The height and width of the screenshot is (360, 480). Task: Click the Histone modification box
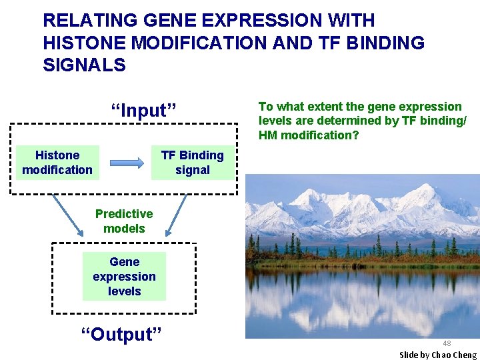57,163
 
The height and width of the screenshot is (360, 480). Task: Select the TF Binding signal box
193,163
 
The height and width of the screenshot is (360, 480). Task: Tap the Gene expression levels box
124,277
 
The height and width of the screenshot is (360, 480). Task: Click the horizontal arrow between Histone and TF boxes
127,163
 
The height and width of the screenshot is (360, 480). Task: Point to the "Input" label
143,111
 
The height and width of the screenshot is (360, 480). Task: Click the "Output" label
121,334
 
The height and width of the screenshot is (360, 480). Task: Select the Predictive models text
124,221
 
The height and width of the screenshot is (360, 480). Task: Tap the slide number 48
447,343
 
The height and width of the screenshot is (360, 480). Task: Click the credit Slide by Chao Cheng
438,355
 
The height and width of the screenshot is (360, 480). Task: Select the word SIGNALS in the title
84,65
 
